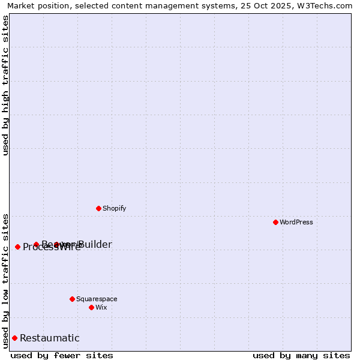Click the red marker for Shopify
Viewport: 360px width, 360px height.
[99, 208]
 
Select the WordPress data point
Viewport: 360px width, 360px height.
[275, 222]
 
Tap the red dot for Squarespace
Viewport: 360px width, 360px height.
[72, 299]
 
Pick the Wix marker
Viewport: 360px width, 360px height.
[91, 307]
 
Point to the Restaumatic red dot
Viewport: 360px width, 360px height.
[14, 338]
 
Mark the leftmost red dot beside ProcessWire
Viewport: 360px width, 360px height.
[17, 247]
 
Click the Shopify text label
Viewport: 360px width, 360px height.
[114, 208]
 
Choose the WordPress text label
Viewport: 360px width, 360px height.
[296, 222]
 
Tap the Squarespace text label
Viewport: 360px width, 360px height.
[97, 299]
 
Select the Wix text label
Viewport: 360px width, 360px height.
[101, 307]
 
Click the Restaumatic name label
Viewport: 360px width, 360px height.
[50, 338]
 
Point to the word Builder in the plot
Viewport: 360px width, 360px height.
[95, 244]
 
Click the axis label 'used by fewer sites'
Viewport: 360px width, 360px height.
[62, 355]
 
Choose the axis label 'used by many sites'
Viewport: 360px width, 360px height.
[301, 355]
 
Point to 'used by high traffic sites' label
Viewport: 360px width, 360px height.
[5, 85]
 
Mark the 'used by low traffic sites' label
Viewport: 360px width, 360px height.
[5, 280]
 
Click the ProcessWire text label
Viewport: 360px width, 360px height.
[52, 247]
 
